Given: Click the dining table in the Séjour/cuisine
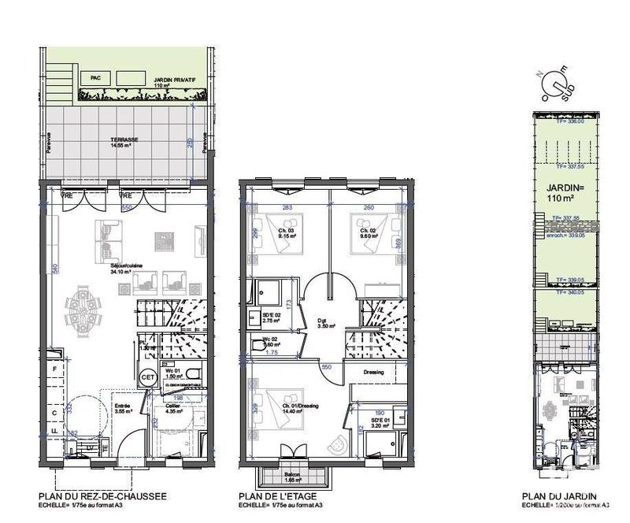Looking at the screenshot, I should [81, 302].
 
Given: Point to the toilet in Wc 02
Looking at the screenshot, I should [258, 344].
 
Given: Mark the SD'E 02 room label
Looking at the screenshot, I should [271, 319].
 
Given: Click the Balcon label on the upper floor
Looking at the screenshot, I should [293, 477].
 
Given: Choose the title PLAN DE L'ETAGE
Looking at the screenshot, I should [279, 497].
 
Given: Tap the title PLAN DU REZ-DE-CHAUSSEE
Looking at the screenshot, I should [102, 497].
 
